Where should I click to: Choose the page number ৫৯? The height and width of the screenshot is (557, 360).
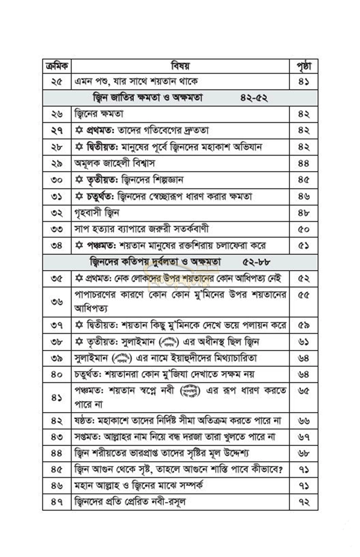point(304,326)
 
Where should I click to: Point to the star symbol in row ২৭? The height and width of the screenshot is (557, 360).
point(79,131)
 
